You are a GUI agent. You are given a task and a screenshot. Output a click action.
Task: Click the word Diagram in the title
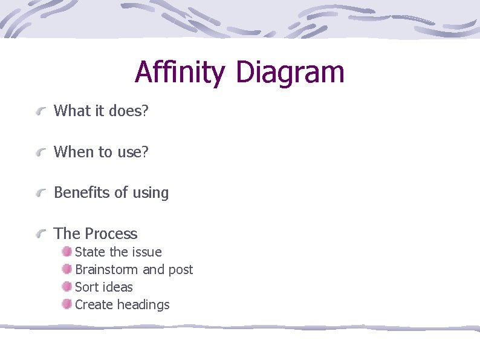tap(290, 73)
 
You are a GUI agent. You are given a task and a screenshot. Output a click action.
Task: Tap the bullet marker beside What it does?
tap(41, 111)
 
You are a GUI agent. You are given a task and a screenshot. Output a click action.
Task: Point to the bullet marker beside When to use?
tap(41, 152)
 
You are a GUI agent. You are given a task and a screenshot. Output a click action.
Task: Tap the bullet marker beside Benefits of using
tap(41, 194)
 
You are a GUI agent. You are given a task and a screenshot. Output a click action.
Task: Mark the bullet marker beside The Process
tap(41, 234)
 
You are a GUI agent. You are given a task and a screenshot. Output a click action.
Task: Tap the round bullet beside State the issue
tap(66, 252)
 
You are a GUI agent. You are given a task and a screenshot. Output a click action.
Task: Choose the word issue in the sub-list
tap(146, 252)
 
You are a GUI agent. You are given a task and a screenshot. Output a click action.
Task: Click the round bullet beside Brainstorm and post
tap(66, 269)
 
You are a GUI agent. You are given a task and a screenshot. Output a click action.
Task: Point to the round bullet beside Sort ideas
tap(66, 287)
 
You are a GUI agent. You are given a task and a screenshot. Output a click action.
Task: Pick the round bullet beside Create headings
tap(66, 304)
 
